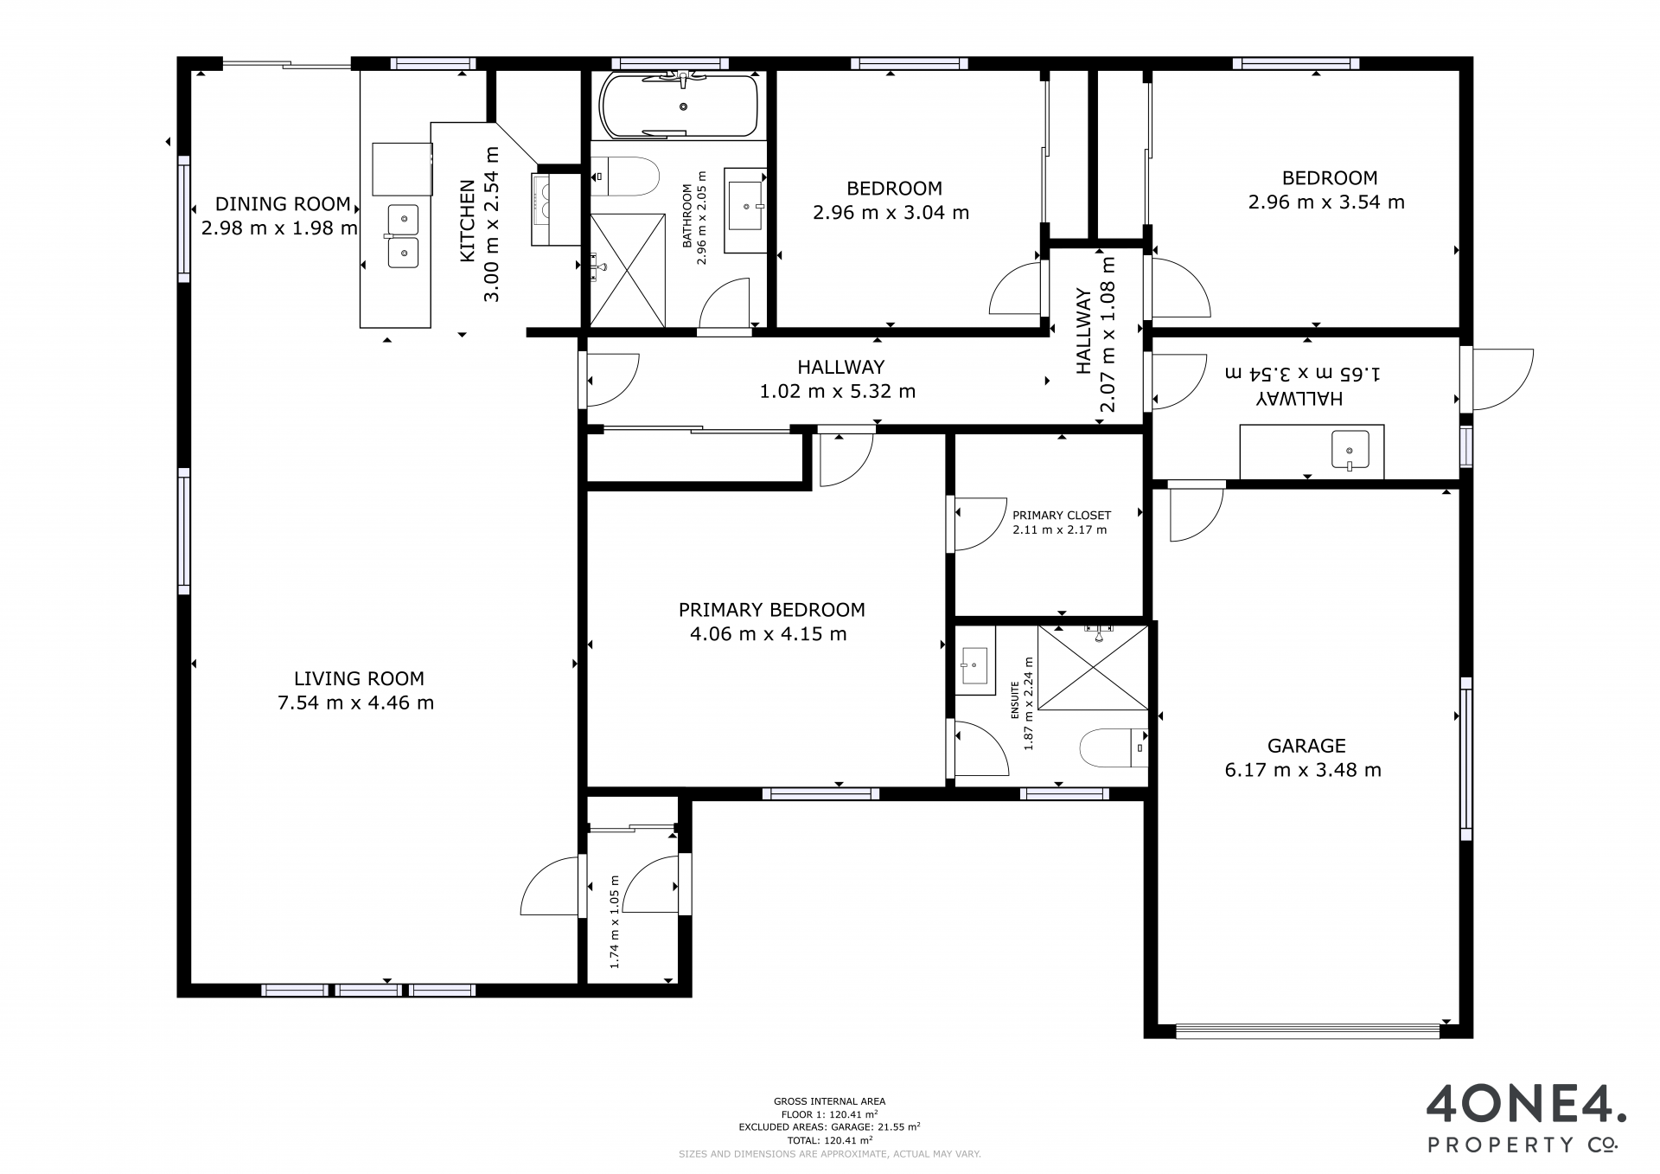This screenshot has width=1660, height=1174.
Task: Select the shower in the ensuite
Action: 1093,668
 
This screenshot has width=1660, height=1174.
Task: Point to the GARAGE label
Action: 1306,746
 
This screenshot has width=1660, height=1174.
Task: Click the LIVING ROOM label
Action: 359,679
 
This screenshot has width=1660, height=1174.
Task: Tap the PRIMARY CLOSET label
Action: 1062,516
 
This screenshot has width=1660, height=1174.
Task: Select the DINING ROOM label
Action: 283,204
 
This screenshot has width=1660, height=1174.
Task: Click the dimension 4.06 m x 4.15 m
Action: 769,634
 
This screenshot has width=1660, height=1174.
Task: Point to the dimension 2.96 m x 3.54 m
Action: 1326,202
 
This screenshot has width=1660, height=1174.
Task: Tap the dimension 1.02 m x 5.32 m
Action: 838,391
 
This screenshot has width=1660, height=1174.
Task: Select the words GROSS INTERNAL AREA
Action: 829,1101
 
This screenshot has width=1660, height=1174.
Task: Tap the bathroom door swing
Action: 725,303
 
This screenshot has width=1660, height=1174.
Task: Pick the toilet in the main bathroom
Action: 627,176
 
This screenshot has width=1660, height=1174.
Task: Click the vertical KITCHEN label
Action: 467,221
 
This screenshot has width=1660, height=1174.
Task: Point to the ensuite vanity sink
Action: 975,665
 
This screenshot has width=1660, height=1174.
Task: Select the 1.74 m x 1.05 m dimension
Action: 616,921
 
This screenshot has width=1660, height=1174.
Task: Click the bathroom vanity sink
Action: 744,207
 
